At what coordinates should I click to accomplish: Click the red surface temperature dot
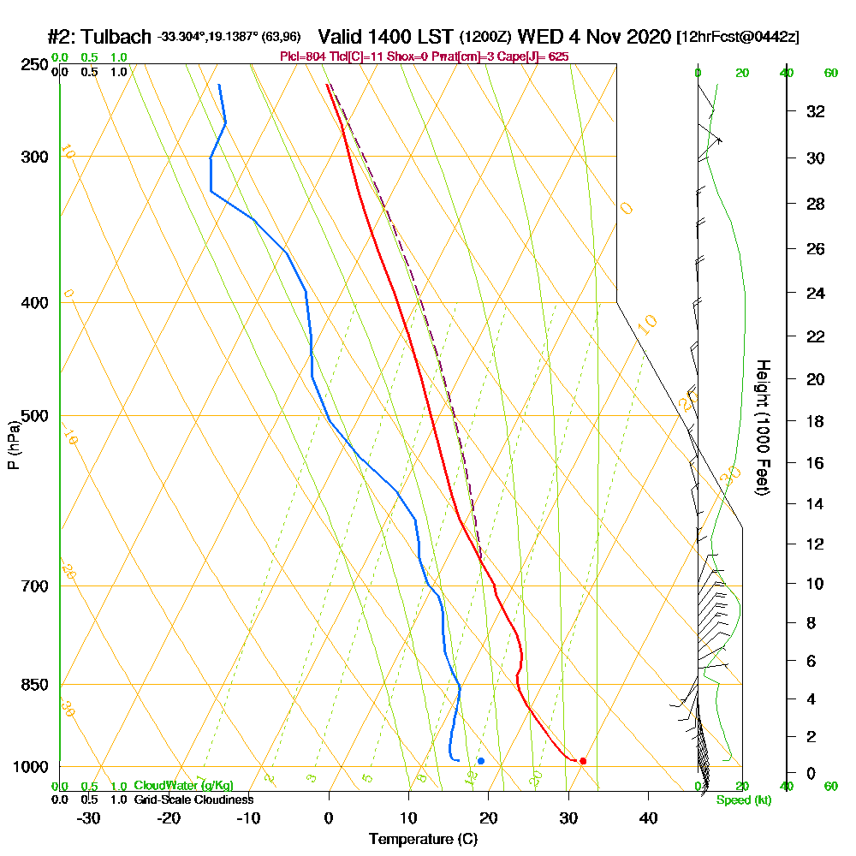pyautogui.click(x=583, y=761)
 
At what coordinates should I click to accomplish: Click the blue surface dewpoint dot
pyautogui.click(x=481, y=761)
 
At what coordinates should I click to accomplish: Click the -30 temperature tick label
pyautogui.click(x=89, y=817)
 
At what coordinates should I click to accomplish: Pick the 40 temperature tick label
pyautogui.click(x=648, y=817)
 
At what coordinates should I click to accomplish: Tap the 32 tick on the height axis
pyautogui.click(x=815, y=111)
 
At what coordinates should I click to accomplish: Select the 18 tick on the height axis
pyautogui.click(x=815, y=421)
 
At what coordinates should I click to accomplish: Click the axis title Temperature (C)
pyautogui.click(x=423, y=840)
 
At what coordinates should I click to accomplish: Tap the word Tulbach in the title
pyautogui.click(x=119, y=38)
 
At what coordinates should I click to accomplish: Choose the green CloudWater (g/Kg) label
pyautogui.click(x=183, y=786)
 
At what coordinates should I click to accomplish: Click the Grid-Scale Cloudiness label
pyautogui.click(x=193, y=800)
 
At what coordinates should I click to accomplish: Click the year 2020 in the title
pyautogui.click(x=646, y=38)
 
